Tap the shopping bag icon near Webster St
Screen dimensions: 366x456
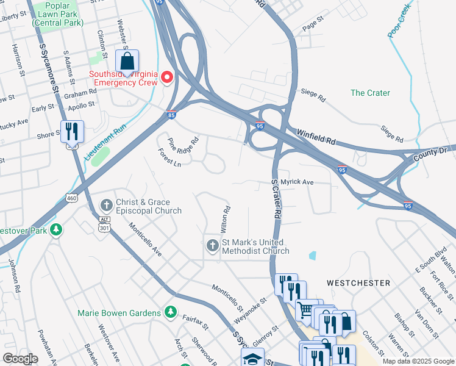pos(127,61)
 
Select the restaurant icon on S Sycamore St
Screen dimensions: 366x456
pos(72,131)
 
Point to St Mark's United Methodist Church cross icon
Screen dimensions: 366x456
pos(213,246)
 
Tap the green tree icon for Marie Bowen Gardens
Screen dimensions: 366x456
pos(171,313)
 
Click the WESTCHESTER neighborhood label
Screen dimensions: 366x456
pos(358,283)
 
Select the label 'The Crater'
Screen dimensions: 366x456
pos(370,93)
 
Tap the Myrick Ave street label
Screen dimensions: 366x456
pos(292,182)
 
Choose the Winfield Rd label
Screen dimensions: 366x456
pos(316,137)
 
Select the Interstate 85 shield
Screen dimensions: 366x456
pos(172,114)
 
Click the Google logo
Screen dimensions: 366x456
pos(20,358)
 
